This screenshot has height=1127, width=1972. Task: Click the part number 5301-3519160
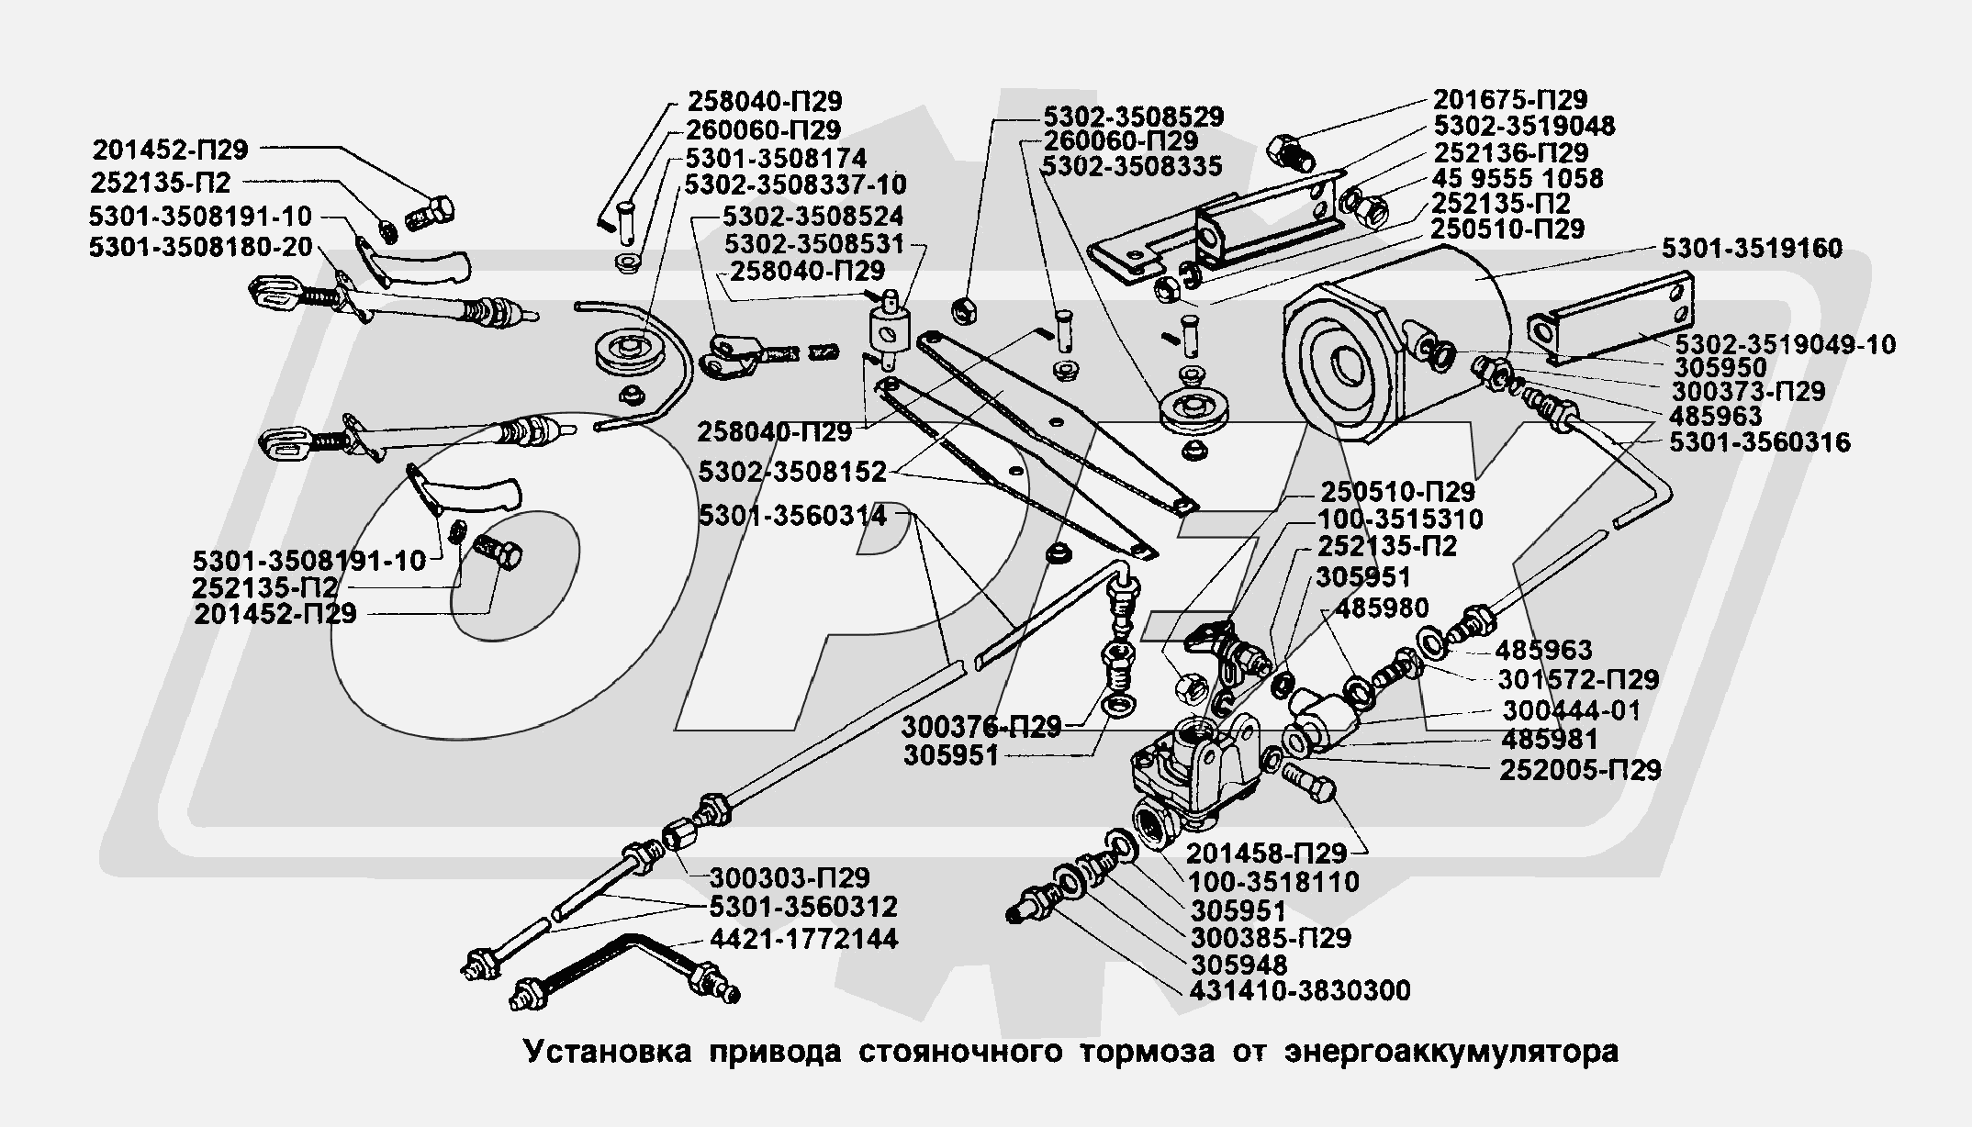(1752, 249)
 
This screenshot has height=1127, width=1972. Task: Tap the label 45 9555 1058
(1518, 178)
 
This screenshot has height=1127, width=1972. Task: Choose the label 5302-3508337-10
(795, 184)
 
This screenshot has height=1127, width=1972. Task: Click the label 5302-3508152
(792, 472)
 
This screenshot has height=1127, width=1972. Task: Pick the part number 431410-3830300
(1300, 991)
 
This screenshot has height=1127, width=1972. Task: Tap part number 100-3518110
(1274, 882)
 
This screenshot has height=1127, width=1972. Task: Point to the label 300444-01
(1571, 710)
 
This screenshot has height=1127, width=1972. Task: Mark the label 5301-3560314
(792, 516)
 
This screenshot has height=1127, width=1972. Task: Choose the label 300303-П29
(790, 877)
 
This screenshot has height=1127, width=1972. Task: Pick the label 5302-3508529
(1132, 117)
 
